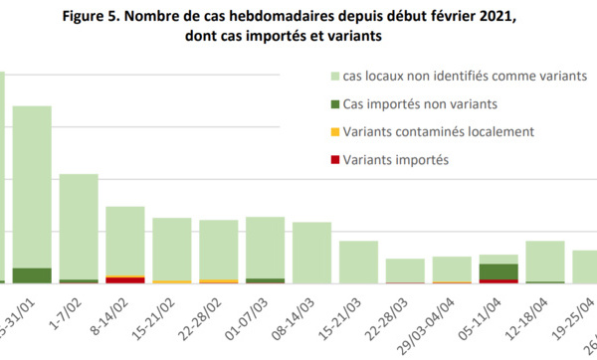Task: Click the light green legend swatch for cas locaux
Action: point(332,77)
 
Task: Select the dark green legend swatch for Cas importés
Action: point(332,104)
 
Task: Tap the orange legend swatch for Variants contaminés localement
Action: point(332,131)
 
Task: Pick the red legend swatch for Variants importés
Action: point(332,159)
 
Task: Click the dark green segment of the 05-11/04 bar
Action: point(498,271)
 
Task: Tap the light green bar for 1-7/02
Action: point(79,226)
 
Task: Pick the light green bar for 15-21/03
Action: point(358,262)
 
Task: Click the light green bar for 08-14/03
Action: point(311,253)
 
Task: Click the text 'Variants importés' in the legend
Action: point(395,159)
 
